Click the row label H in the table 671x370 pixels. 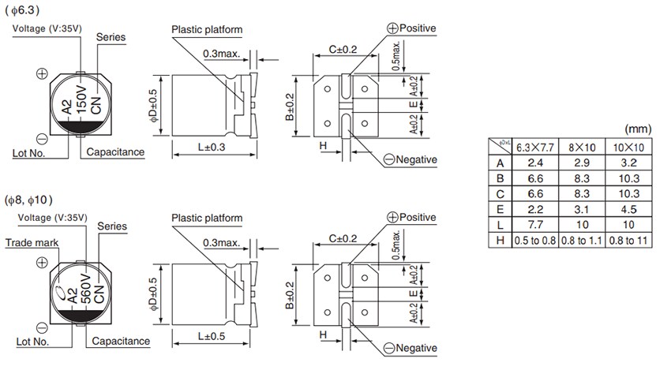(499, 241)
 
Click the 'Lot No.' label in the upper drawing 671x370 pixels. (30, 151)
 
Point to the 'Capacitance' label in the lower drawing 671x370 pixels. (120, 342)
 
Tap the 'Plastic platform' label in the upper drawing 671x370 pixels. (206, 29)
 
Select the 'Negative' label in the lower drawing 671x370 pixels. (410, 348)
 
